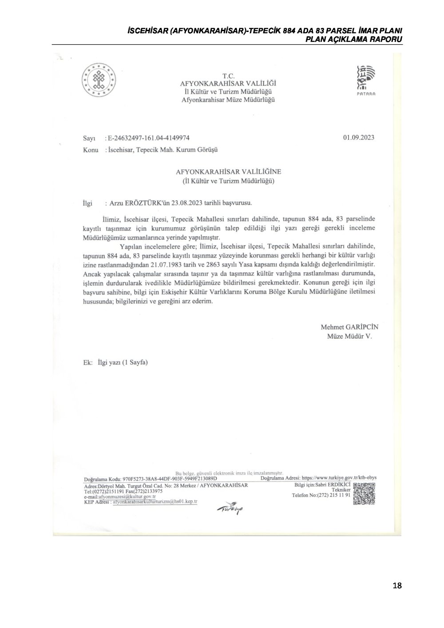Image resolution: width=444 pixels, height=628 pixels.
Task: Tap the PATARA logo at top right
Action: coord(366,79)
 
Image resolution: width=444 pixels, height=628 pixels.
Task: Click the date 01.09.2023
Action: coord(358,137)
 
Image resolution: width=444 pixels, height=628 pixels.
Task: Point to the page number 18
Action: coord(397,585)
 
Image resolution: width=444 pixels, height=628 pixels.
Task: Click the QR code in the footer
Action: coord(365,493)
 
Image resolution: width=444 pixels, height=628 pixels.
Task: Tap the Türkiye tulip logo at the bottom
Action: coord(230,510)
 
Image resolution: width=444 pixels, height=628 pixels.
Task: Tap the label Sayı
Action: coord(89,139)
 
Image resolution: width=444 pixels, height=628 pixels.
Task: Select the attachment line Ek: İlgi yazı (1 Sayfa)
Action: coord(115,362)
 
